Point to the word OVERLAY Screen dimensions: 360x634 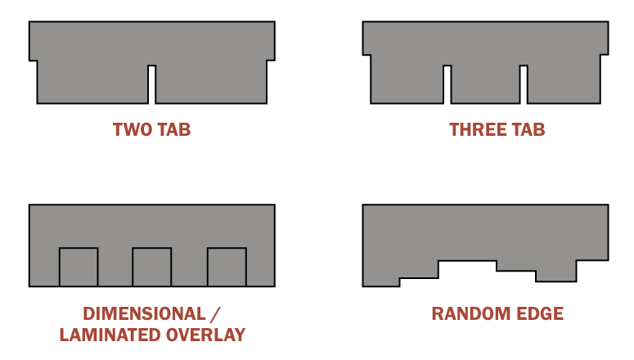coord(208,335)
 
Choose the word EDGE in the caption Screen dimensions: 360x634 coord(541,314)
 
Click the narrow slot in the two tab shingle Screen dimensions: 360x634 coord(152,84)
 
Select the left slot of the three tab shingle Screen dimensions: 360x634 coord(447,84)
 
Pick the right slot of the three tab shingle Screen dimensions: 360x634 coord(524,84)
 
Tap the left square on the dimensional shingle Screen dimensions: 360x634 coord(79,267)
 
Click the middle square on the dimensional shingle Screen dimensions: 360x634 coord(151,267)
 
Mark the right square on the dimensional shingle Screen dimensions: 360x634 coord(227,267)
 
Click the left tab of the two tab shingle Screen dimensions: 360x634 coord(92,82)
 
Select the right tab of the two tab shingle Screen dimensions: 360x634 coord(211,82)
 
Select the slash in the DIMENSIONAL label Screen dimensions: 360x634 coord(217,314)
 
